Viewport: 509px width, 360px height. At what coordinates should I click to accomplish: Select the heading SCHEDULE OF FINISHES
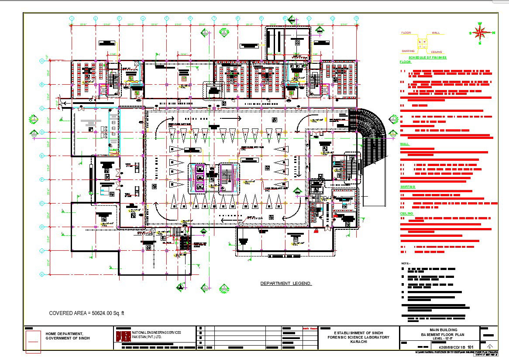[x=427, y=58]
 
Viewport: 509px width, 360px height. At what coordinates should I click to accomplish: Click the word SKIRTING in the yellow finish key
[x=408, y=52]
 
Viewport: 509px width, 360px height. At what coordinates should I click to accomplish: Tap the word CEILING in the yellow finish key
[x=437, y=52]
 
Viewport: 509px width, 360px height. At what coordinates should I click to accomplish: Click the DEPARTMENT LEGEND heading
[x=286, y=284]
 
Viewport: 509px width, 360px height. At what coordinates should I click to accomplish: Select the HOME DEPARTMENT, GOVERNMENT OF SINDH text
[x=68, y=336]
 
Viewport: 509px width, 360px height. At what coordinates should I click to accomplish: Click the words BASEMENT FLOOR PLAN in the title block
[x=440, y=334]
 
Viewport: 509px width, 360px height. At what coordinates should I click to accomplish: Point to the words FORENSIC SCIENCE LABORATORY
[x=359, y=337]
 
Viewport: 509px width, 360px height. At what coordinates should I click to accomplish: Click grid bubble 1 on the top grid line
[x=72, y=18]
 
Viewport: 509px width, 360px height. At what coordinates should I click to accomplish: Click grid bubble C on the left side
[x=42, y=108]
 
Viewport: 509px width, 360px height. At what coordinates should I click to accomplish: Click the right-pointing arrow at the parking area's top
[x=231, y=118]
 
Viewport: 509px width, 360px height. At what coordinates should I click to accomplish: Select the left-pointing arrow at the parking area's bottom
[x=230, y=217]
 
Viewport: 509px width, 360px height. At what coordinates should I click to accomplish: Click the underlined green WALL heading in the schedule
[x=404, y=144]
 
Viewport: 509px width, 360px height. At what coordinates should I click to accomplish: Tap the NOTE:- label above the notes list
[x=405, y=263]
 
